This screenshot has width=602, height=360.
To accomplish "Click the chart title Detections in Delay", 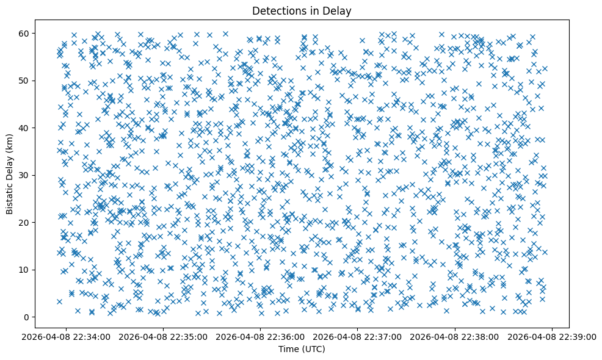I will pos(302,10).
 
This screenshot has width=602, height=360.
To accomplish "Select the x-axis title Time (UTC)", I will pos(302,349).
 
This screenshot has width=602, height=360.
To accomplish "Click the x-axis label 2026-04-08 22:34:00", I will pos(67,336).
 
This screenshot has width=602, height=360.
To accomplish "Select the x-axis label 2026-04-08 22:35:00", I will pos(164,336).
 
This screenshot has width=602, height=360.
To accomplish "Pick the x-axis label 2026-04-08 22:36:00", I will pos(261,336).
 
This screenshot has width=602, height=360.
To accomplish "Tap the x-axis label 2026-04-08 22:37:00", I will pos(358,336).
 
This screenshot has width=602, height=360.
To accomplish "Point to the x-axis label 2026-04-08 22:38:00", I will pos(455,336).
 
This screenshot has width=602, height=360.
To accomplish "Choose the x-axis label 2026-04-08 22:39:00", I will pos(552,336).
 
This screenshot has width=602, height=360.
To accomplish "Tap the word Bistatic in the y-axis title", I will pos(10,198).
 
